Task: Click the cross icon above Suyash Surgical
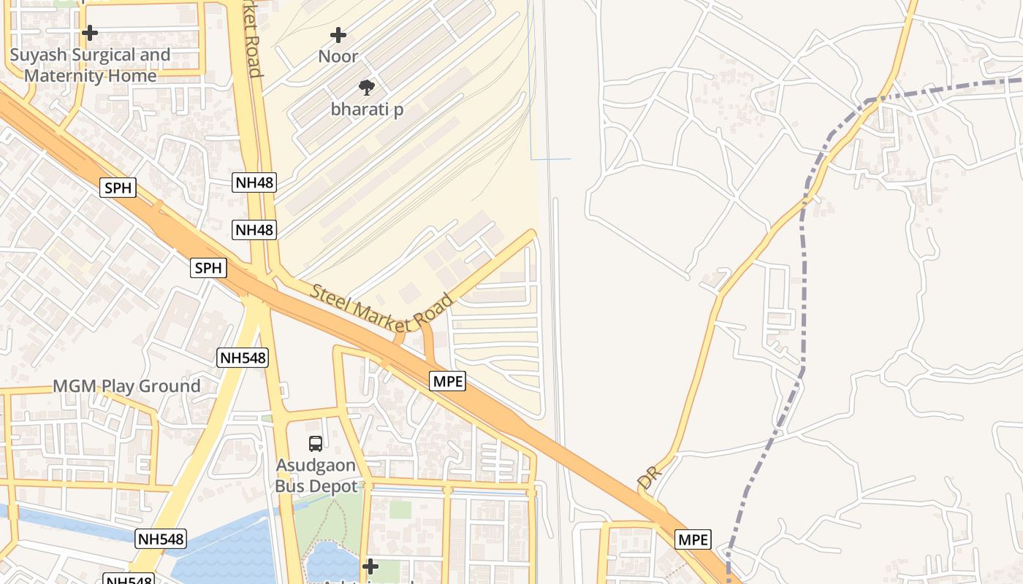click(x=90, y=33)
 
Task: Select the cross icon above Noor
click(x=338, y=34)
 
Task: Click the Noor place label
click(x=338, y=56)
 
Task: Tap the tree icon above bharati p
click(x=367, y=88)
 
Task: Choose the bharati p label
click(x=367, y=109)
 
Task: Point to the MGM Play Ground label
click(x=126, y=386)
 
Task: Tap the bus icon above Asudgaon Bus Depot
click(x=316, y=443)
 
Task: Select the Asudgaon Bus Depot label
click(x=316, y=476)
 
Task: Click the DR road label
click(x=648, y=477)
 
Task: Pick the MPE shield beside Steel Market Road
click(x=447, y=380)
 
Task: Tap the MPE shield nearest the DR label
click(x=693, y=539)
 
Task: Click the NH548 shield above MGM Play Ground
click(x=243, y=358)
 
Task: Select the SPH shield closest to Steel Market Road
click(x=208, y=268)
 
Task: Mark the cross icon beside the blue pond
click(x=370, y=566)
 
